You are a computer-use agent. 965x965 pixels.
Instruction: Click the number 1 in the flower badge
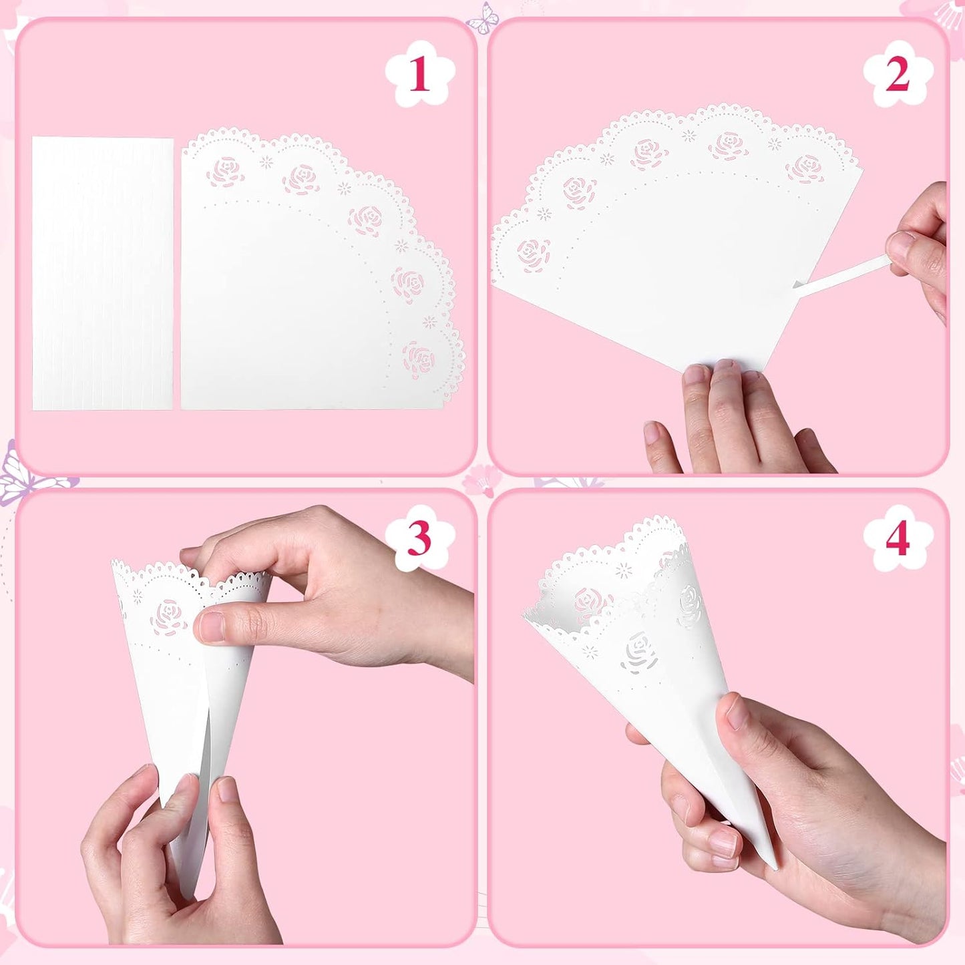click(419, 74)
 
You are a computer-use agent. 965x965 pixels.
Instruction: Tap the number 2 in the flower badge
click(897, 74)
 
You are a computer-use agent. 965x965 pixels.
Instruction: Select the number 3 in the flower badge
click(419, 538)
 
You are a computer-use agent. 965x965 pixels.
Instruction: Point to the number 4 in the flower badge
click(897, 538)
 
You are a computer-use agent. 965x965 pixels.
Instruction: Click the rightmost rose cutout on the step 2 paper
click(804, 168)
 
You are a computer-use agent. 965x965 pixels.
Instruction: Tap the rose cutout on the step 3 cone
click(168, 616)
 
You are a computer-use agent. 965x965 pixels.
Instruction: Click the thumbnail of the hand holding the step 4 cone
click(736, 713)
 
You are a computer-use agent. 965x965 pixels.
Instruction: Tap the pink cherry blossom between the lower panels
click(482, 479)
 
